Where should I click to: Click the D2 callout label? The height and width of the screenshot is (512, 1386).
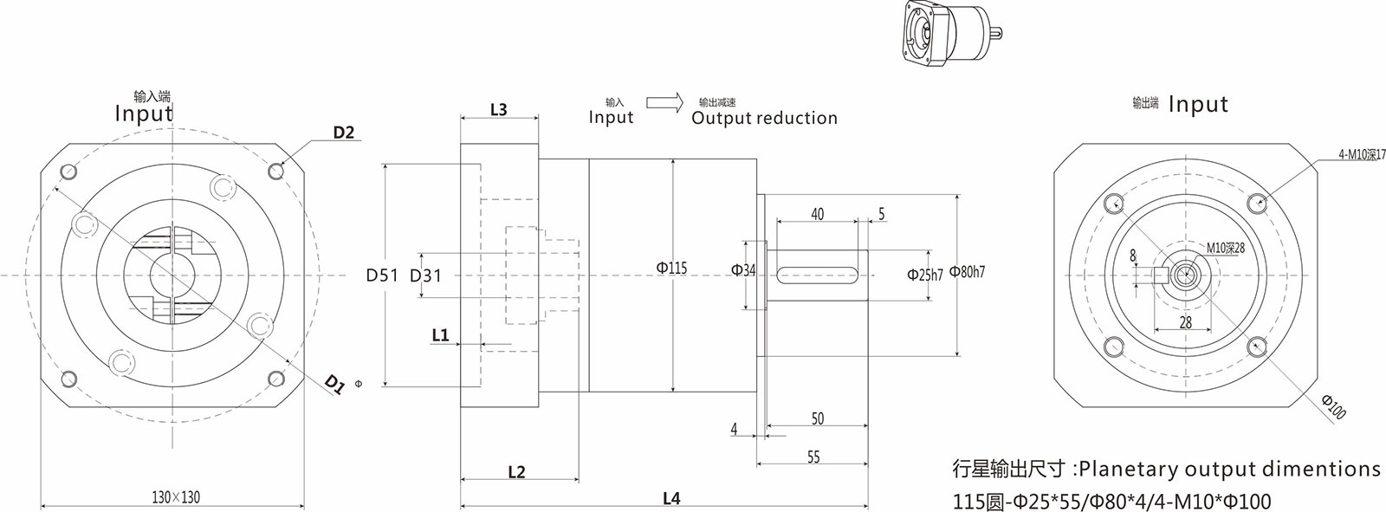coord(344,133)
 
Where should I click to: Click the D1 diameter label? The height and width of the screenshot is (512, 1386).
coord(334,384)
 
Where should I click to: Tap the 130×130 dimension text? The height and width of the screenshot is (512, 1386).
coord(175,497)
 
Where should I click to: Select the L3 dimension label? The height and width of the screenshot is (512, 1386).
coord(498,110)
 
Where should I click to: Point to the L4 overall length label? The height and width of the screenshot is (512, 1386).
coord(671,498)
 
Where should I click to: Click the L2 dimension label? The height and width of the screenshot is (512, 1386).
coord(516,472)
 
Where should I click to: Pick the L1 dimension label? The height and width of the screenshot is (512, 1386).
coord(440,334)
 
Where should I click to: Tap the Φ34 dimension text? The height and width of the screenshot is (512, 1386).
coord(743,270)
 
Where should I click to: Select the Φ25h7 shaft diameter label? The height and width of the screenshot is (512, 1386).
coord(924,275)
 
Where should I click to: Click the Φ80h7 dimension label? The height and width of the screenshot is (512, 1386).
coord(967,272)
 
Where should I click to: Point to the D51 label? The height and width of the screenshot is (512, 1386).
coord(382,275)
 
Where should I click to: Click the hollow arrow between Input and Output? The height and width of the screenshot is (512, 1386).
coord(664,103)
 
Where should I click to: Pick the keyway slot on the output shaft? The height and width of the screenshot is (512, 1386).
coord(818,275)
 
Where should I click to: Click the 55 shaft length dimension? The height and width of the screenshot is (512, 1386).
coord(813,457)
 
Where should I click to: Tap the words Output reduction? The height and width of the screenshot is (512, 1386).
coord(764,119)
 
